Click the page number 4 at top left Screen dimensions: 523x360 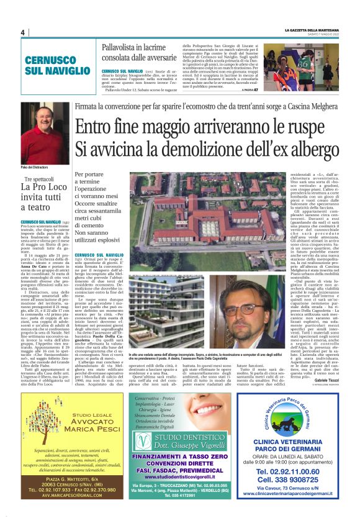click(22, 32)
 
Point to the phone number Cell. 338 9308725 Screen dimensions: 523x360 click(287, 481)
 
